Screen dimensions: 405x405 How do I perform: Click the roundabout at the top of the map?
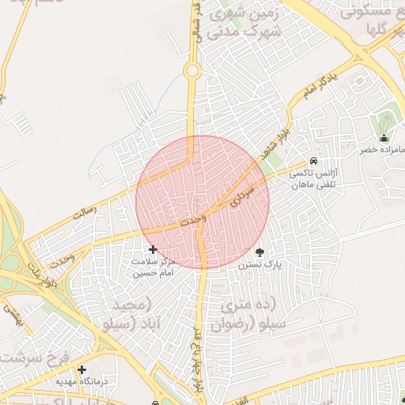pos(191,71)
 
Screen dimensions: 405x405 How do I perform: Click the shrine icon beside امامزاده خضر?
pos(384,137)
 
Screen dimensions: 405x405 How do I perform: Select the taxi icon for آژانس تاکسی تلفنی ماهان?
pos(314,161)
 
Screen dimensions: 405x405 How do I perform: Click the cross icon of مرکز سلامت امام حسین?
pos(153,249)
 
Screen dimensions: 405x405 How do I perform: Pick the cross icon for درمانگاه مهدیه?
pos(81,369)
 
